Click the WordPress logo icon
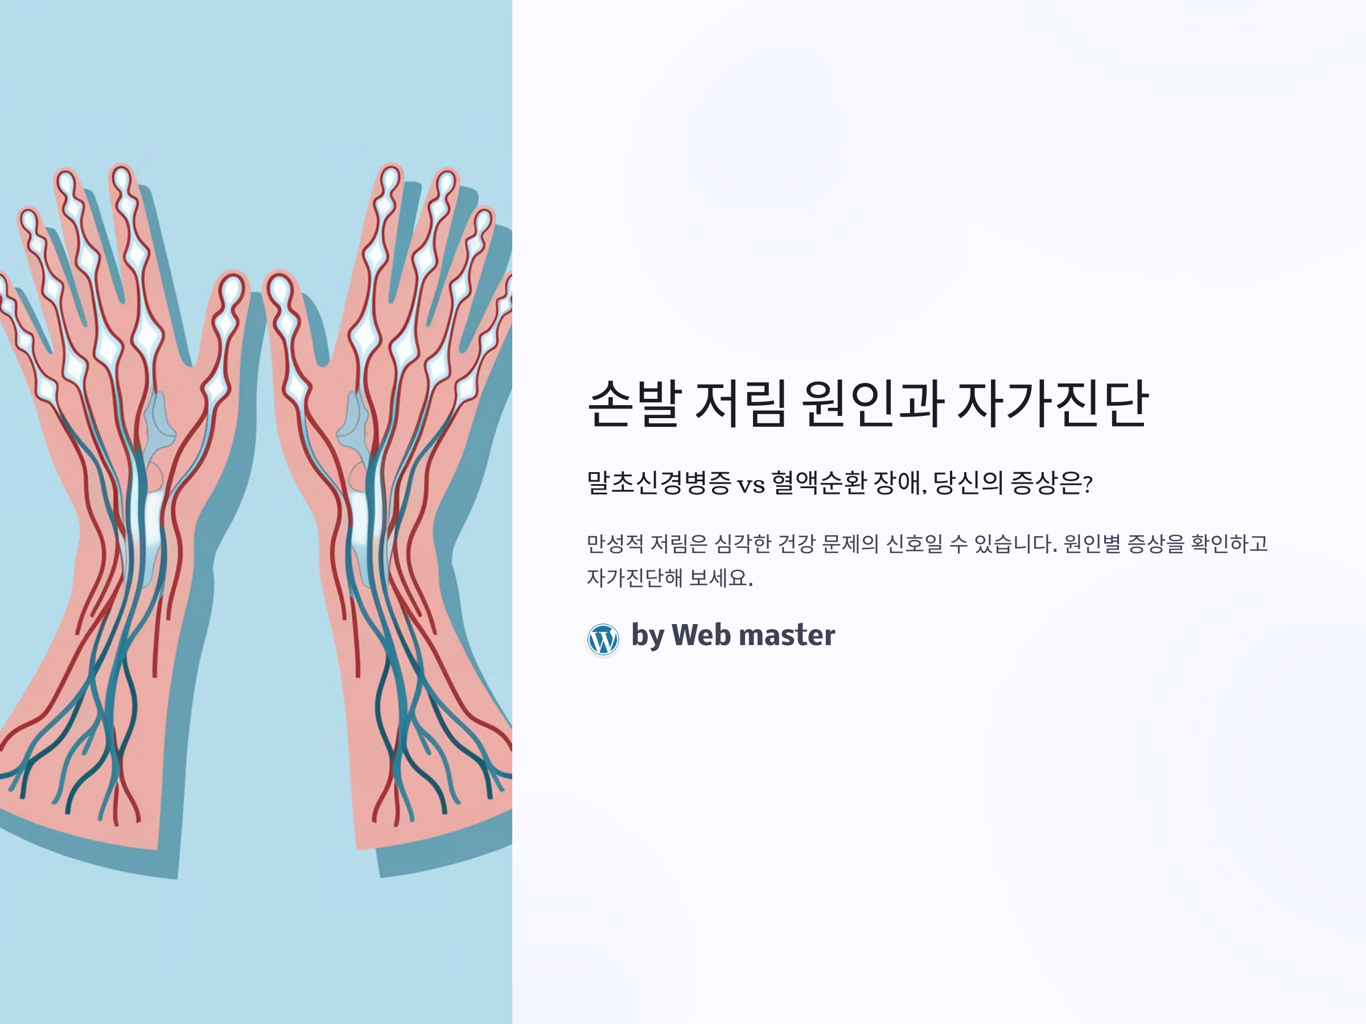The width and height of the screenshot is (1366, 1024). (x=603, y=639)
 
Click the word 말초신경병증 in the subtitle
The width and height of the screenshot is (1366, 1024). (x=659, y=482)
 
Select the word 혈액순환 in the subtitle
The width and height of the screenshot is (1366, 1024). (x=819, y=482)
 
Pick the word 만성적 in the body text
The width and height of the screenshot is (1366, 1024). (x=615, y=544)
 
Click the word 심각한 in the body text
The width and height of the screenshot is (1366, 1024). (x=742, y=544)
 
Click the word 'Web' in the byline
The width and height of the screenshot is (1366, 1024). (x=701, y=635)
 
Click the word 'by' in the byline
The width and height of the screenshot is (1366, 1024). (x=647, y=637)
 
